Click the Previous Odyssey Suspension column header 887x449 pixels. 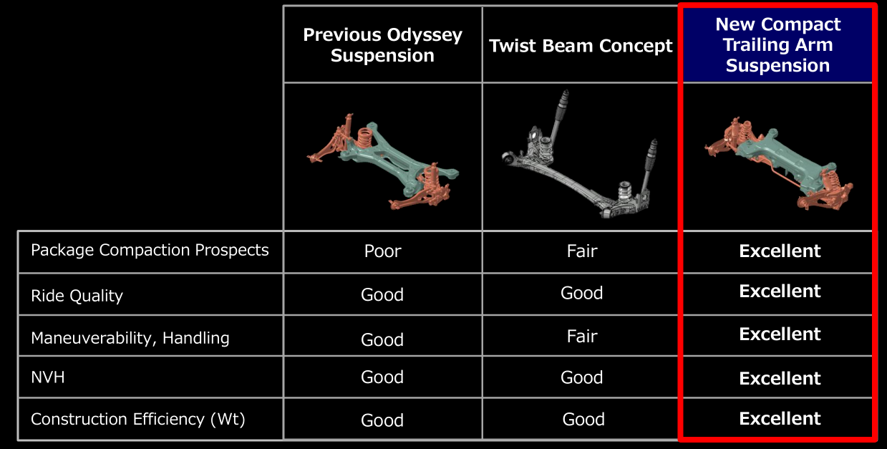[382, 45]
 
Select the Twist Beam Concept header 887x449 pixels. [581, 46]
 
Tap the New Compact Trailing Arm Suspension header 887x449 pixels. [777, 44]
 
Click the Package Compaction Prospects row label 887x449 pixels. [150, 250]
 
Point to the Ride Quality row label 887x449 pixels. [77, 296]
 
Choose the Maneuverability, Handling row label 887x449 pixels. [130, 339]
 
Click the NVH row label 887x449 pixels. [47, 377]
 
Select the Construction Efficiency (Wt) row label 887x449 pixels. [137, 420]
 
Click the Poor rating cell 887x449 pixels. [382, 251]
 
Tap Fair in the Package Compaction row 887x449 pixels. [582, 251]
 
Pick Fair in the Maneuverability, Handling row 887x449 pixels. [582, 337]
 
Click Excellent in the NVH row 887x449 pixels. [780, 379]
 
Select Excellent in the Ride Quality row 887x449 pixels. [780, 291]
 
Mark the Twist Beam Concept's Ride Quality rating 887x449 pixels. [582, 293]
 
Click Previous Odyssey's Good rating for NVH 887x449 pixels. [382, 377]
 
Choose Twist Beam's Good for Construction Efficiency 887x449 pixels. [583, 420]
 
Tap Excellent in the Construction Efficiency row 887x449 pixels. [780, 418]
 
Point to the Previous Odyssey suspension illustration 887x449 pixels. [382, 162]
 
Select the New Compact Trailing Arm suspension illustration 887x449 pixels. [778, 163]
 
